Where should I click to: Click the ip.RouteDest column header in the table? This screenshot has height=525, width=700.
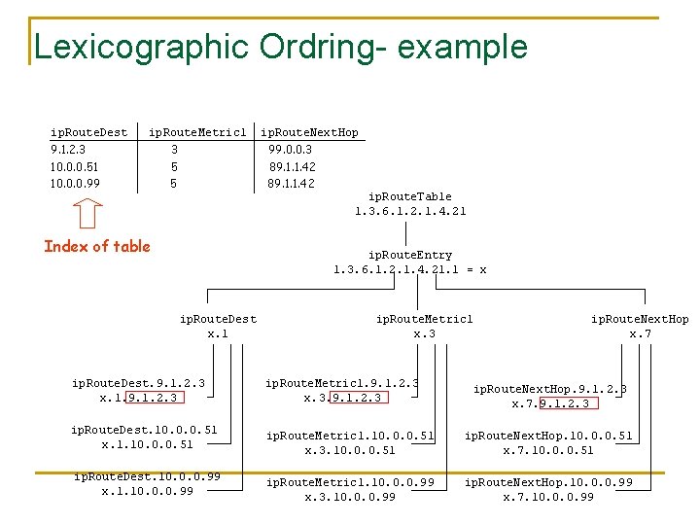pyautogui.click(x=88, y=132)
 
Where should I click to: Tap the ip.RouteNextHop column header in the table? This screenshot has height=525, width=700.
pyautogui.click(x=309, y=132)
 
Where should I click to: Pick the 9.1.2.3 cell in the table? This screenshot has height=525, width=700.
pyautogui.click(x=67, y=150)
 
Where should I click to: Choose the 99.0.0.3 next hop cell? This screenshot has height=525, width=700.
pyautogui.click(x=291, y=150)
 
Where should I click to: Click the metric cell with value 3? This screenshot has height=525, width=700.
pyautogui.click(x=174, y=150)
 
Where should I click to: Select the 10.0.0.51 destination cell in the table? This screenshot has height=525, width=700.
pyautogui.click(x=74, y=166)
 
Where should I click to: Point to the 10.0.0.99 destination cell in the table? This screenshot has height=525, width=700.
pyautogui.click(x=74, y=183)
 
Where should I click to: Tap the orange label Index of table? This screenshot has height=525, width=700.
pyautogui.click(x=97, y=246)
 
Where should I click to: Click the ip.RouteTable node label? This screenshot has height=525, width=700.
pyautogui.click(x=411, y=196)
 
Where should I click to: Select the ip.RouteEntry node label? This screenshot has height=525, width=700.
pyautogui.click(x=410, y=255)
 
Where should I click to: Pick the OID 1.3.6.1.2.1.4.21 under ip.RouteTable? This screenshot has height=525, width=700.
pyautogui.click(x=411, y=211)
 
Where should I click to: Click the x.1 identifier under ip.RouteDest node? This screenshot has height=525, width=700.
pyautogui.click(x=218, y=333)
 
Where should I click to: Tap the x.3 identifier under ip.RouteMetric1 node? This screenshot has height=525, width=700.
pyautogui.click(x=424, y=333)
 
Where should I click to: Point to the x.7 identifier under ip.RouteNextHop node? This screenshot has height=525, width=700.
pyautogui.click(x=640, y=333)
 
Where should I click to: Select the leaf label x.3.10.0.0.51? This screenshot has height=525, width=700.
pyautogui.click(x=350, y=450)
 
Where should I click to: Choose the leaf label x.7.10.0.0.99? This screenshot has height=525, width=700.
pyautogui.click(x=548, y=497)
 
